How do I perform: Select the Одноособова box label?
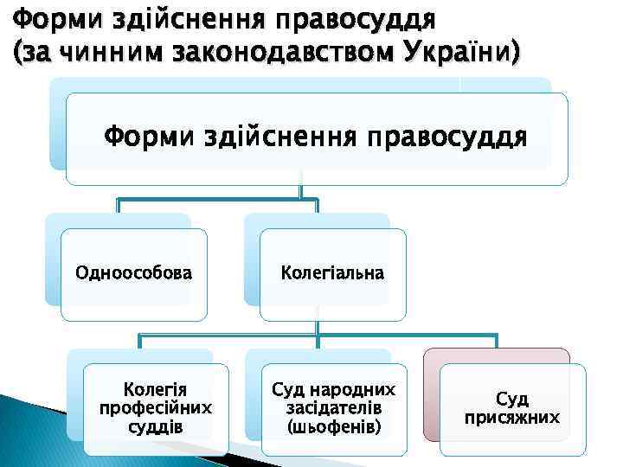(x=134, y=273)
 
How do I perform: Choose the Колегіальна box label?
(x=333, y=273)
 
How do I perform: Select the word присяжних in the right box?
(x=512, y=418)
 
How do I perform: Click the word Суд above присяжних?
(x=512, y=399)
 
